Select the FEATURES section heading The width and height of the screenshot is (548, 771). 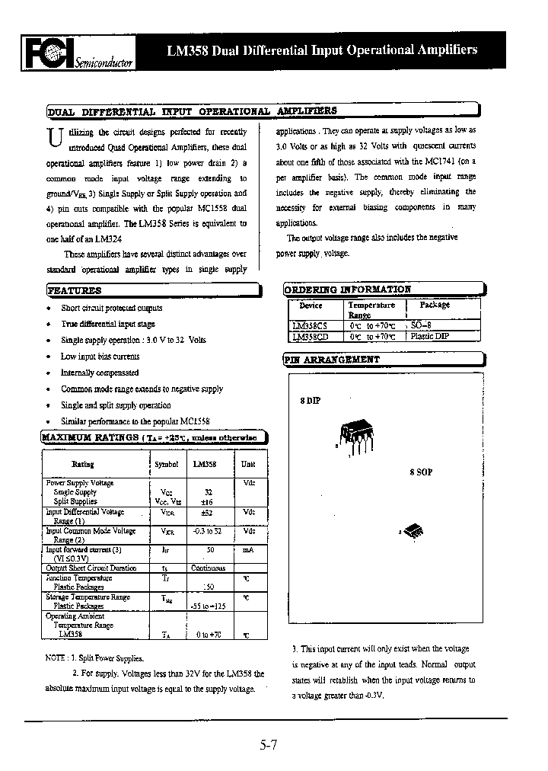(x=75, y=290)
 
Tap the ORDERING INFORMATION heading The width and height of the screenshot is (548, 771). (x=348, y=290)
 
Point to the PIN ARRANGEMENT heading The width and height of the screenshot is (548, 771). (x=332, y=359)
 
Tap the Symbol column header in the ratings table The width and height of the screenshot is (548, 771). (x=166, y=464)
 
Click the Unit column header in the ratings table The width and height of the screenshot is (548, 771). (x=248, y=464)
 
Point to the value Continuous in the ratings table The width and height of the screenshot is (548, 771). (x=208, y=568)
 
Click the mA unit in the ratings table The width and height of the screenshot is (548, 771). (x=247, y=549)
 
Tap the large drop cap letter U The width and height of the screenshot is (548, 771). (x=54, y=138)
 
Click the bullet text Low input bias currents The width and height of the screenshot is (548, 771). (x=100, y=357)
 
